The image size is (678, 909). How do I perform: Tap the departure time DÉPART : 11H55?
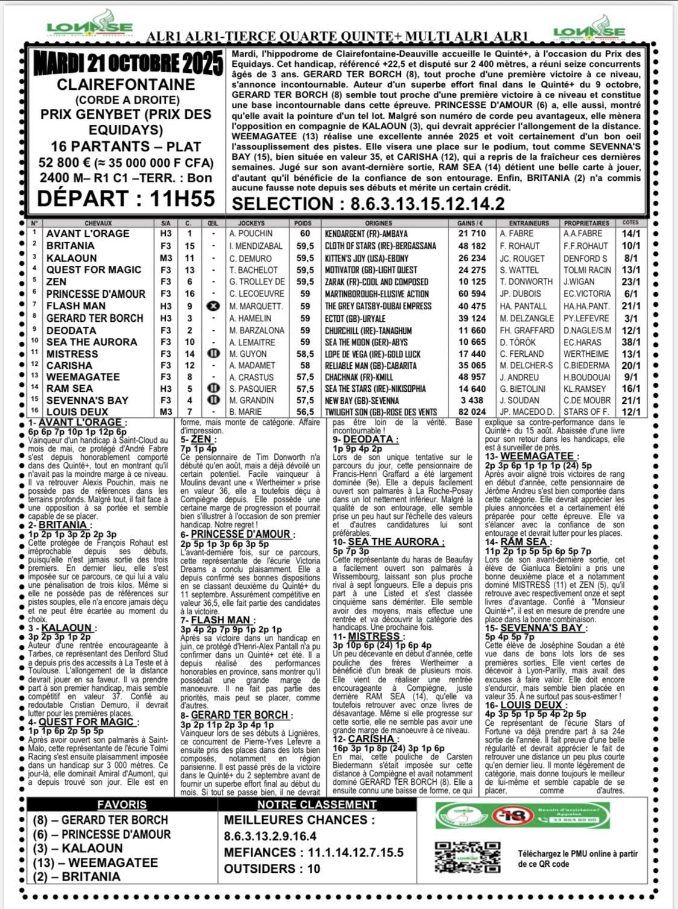pos(125,198)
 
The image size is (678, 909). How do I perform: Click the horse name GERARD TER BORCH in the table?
pos(95,318)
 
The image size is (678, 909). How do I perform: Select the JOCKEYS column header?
pos(252,223)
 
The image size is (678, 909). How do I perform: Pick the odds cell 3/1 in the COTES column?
pos(631,318)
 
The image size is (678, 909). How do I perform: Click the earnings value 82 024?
pos(471,412)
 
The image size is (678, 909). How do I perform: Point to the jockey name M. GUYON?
pos(248,354)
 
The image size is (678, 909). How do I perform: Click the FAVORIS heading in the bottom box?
pos(122,805)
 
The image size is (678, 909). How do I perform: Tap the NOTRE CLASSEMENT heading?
pos(316,805)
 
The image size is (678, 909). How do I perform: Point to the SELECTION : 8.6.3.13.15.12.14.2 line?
pos(369,203)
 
